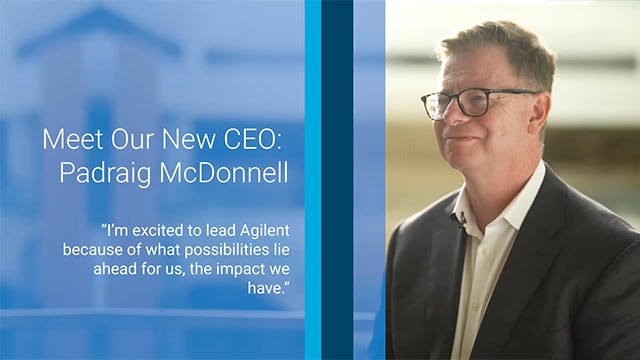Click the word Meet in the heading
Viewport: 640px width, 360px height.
[71, 139]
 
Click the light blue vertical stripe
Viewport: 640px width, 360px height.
[313, 180]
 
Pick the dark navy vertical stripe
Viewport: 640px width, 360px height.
[337, 180]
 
